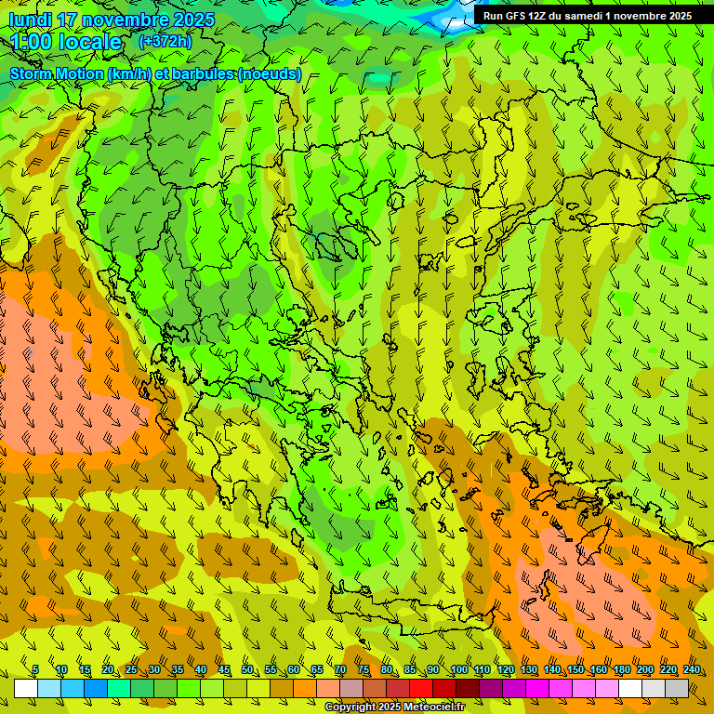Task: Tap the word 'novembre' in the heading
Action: pos(126,20)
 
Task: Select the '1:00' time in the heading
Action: pos(35,43)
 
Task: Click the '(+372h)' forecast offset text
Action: pos(165,42)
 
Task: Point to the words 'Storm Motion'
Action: pos(56,74)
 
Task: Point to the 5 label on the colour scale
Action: pos(35,670)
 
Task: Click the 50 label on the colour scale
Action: pos(247,670)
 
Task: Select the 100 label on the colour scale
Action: pos(458,670)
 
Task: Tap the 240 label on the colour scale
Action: pos(691,670)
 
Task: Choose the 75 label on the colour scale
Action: pos(364,670)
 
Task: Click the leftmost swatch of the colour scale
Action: pos(26,688)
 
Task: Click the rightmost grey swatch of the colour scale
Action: pos(677,688)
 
